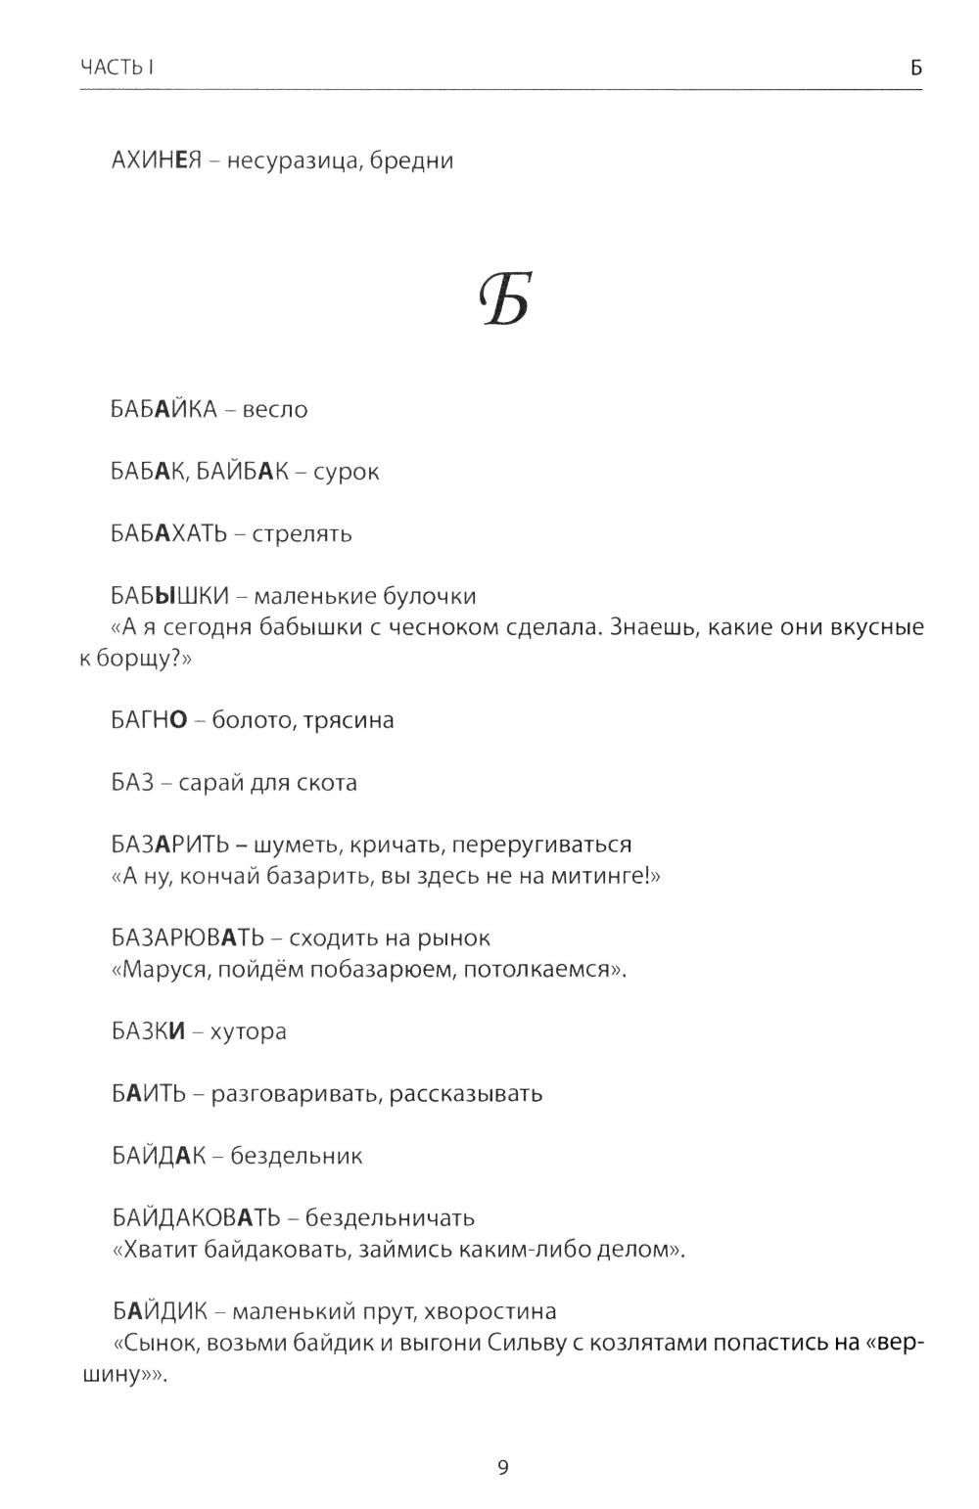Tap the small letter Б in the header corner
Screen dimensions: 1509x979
tap(915, 68)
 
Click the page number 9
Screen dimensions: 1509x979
tap(502, 1468)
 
